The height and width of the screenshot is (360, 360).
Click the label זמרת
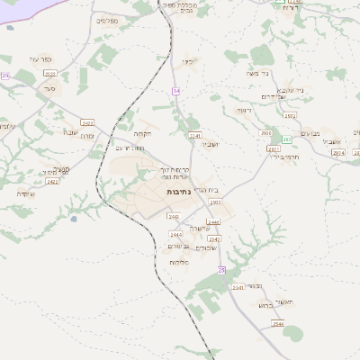tap(89, 136)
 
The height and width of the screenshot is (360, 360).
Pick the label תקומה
tap(153, 134)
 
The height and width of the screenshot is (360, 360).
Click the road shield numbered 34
tap(175, 91)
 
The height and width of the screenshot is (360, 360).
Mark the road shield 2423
tap(87, 121)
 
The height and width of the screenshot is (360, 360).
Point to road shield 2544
tap(278, 323)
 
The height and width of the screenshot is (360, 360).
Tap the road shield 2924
tap(337, 153)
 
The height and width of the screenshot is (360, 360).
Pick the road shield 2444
tap(176, 234)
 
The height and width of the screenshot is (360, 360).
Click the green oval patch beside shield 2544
tap(292, 333)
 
